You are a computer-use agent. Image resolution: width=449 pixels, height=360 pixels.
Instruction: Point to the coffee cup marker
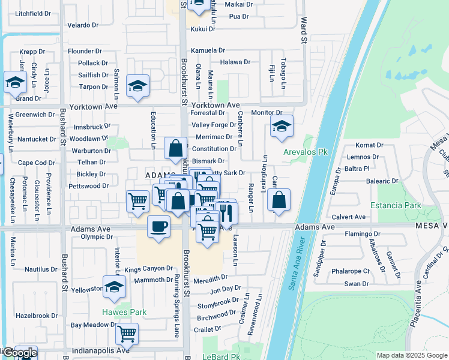158,227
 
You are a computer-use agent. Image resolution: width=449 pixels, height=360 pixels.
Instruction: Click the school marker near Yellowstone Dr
113,288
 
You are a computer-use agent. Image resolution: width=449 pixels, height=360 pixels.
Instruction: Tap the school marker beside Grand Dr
15,83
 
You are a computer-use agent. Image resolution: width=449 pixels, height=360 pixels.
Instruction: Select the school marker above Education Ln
137,86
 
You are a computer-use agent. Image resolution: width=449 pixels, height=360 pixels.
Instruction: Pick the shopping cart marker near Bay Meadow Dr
127,334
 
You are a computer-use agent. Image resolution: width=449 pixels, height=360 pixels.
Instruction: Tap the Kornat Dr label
369,145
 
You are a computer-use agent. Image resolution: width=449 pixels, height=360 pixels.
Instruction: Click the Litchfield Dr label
33,13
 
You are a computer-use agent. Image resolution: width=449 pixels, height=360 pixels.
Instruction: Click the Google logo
20,353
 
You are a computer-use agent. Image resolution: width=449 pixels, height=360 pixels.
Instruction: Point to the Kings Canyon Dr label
149,269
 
